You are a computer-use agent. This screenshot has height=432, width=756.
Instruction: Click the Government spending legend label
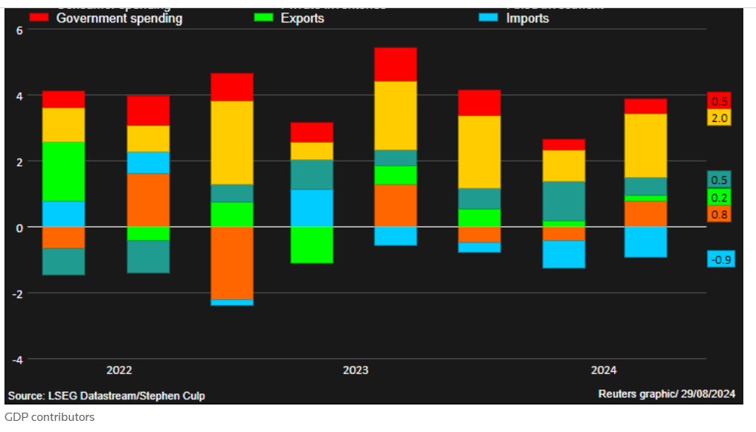point(119,19)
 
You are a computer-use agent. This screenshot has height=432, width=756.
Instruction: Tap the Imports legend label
point(527,19)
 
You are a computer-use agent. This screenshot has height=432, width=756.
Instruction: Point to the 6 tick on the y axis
point(20,30)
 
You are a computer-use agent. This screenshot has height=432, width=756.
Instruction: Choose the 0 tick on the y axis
point(20,228)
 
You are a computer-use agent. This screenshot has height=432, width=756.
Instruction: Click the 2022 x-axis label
point(120,370)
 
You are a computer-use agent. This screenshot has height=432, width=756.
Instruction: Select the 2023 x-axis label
point(356,370)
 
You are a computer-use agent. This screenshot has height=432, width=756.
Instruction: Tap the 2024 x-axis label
point(603,370)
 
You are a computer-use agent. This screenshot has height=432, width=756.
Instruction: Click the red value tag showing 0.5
point(720,101)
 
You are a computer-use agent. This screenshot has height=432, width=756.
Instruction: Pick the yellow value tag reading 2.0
point(720,118)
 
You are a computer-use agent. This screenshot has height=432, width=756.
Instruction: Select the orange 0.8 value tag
point(720,214)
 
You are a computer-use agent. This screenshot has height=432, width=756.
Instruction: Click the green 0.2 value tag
point(720,197)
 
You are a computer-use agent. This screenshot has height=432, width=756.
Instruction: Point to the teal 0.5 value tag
point(720,179)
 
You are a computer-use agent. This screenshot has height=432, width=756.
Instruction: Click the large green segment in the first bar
point(63,171)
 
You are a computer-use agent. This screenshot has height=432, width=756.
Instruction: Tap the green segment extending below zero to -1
point(312,245)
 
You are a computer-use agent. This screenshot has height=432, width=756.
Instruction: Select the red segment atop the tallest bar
point(396,65)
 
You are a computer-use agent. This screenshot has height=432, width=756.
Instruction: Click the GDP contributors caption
point(50,417)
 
